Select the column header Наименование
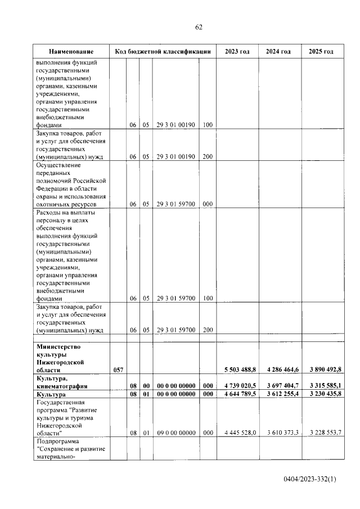coord(70,52)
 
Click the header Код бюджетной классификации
coord(163,52)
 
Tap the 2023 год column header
coord(237,52)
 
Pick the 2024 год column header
coord(278,52)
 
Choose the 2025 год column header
coord(321,52)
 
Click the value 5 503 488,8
coord(238,370)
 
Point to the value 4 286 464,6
coord(281,370)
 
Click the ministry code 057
coord(118,370)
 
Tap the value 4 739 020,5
coord(238,385)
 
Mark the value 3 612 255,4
coord(281,394)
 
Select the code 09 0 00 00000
coord(176,433)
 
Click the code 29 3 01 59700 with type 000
coord(176,204)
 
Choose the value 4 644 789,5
coord(238,394)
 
